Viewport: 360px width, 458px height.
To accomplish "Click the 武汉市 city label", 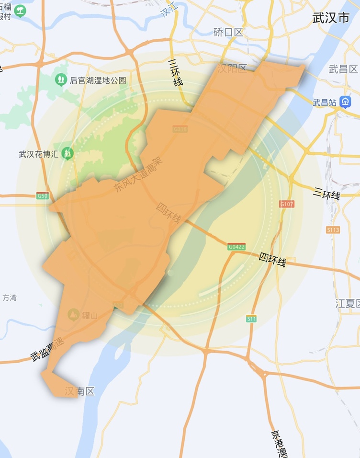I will click(x=331, y=19).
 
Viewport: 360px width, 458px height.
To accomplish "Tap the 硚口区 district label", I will click(x=228, y=32).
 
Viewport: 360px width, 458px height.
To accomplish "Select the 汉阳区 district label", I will click(x=232, y=69).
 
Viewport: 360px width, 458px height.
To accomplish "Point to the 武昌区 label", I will click(x=343, y=69).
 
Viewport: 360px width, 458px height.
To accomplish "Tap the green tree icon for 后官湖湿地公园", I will click(x=61, y=80).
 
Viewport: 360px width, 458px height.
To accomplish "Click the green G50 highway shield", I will click(x=43, y=196).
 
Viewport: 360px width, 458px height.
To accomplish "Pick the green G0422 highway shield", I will click(x=236, y=247).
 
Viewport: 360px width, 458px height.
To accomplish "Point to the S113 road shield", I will click(x=333, y=230).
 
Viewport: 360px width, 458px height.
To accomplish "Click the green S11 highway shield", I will click(x=252, y=319).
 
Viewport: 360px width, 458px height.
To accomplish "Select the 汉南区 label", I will click(x=79, y=391).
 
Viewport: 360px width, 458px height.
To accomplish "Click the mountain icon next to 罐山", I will click(x=73, y=315).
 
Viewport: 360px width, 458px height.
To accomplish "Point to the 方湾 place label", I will click(x=10, y=298).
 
